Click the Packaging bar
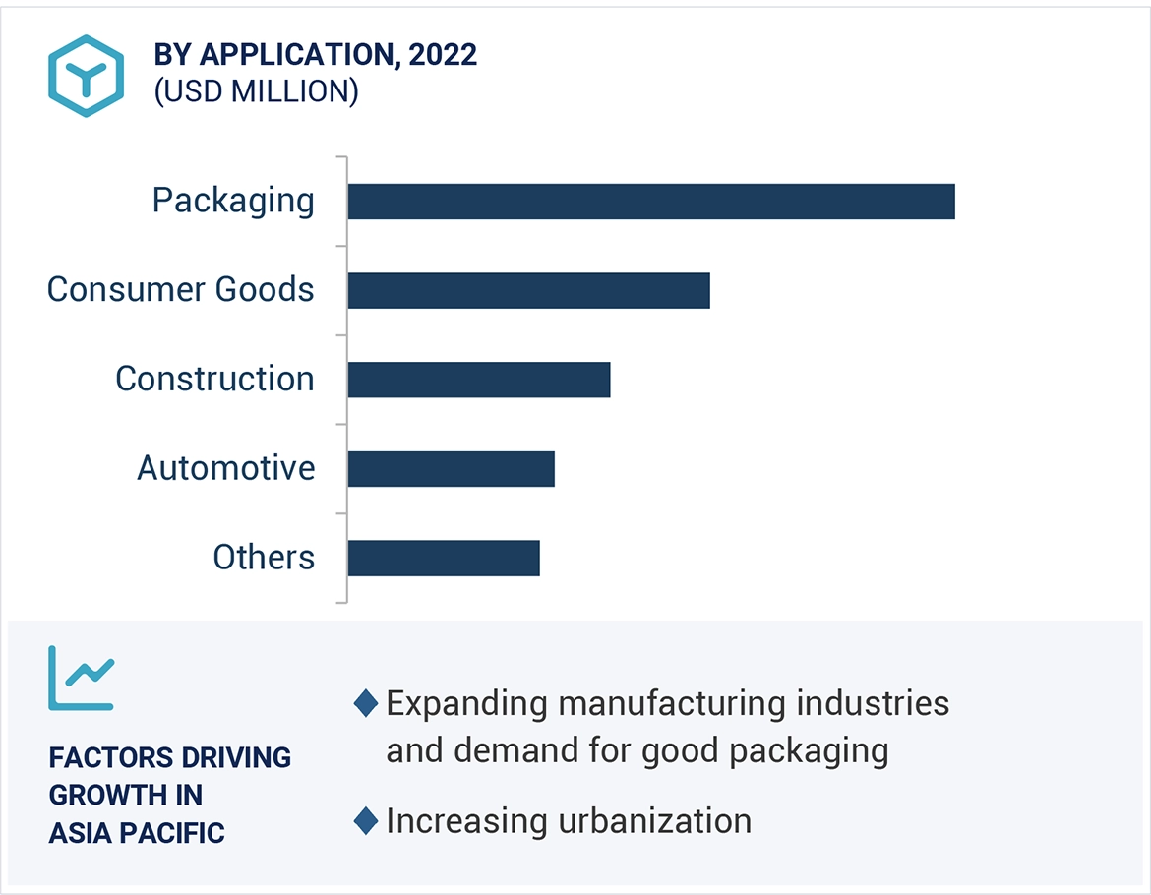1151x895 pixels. (x=650, y=202)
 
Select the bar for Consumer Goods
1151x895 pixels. (x=528, y=291)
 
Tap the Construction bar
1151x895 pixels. (x=478, y=380)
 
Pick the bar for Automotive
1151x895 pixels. (x=451, y=469)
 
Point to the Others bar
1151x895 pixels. (x=443, y=558)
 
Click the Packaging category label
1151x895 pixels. (x=233, y=201)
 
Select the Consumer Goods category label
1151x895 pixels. (x=181, y=289)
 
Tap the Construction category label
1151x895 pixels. (x=214, y=379)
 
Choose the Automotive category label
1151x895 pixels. (x=226, y=468)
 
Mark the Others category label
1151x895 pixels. (x=264, y=558)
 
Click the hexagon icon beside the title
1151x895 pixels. (x=87, y=77)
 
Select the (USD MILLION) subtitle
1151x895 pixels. (x=256, y=91)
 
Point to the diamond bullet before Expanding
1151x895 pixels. (x=366, y=704)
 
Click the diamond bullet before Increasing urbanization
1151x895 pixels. (x=366, y=821)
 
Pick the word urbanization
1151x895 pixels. (x=654, y=821)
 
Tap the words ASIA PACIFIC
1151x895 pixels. (x=137, y=833)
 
